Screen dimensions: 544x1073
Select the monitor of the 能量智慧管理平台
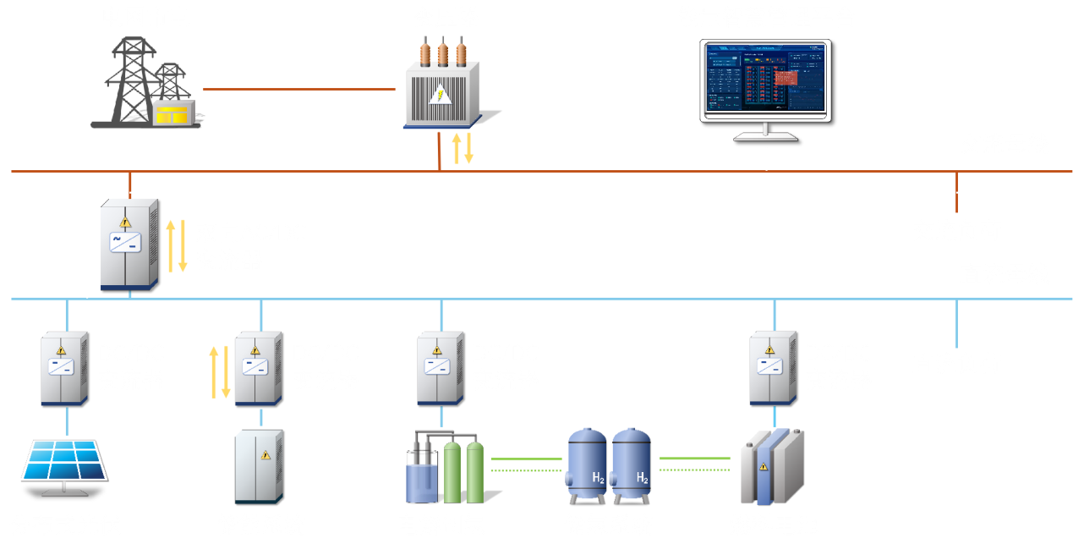(x=766, y=80)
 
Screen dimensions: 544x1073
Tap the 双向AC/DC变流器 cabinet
(x=129, y=245)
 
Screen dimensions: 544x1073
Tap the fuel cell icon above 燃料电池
(x=769, y=470)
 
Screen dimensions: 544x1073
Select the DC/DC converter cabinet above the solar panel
(x=63, y=368)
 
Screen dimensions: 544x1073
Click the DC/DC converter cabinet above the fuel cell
(x=773, y=368)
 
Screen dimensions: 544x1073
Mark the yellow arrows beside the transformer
(x=463, y=149)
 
